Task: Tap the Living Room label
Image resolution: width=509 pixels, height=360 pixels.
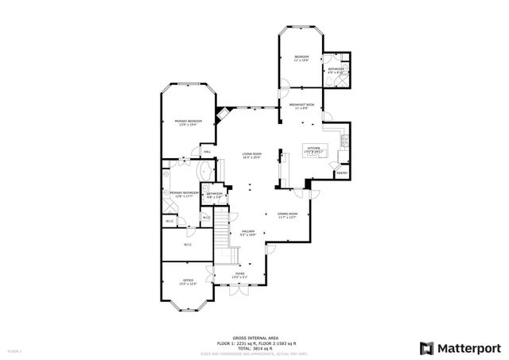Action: (252, 156)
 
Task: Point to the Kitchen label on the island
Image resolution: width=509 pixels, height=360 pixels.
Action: (313, 149)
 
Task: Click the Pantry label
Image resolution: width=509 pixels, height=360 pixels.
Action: (341, 172)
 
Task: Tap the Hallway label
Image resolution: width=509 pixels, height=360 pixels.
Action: (247, 233)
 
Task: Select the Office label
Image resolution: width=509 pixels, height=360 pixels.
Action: (188, 281)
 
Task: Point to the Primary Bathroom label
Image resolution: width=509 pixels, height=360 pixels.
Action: (183, 193)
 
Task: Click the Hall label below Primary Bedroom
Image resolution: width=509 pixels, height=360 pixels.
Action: (207, 152)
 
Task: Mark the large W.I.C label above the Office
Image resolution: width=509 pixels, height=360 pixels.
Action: (188, 245)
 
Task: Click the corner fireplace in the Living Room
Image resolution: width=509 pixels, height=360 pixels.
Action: (225, 113)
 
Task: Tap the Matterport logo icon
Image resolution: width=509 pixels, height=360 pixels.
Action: (425, 346)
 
